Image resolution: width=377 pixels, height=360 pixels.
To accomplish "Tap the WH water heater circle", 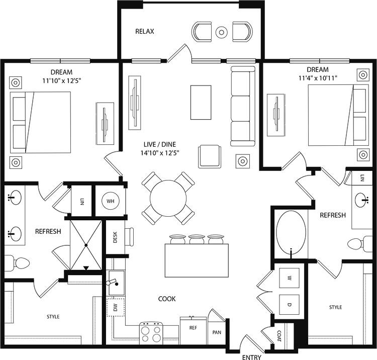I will point(110,202).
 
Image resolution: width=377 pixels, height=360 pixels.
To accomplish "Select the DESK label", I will point(115,238).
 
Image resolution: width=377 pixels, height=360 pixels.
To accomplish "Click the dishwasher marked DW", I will point(115,307).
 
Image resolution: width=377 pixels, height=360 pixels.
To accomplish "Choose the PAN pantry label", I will point(217,332).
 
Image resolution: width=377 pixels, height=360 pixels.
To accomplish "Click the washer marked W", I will point(289,278).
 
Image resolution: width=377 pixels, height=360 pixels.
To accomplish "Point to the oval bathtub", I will point(291,232).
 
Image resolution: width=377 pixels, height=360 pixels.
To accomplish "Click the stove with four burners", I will point(151,333).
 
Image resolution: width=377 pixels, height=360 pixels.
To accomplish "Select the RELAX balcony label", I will point(144,31).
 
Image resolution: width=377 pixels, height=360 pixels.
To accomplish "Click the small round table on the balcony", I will point(222,32).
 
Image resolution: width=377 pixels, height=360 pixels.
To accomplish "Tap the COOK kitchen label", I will point(167,299).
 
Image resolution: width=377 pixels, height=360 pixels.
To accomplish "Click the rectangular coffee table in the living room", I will point(201,102).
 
